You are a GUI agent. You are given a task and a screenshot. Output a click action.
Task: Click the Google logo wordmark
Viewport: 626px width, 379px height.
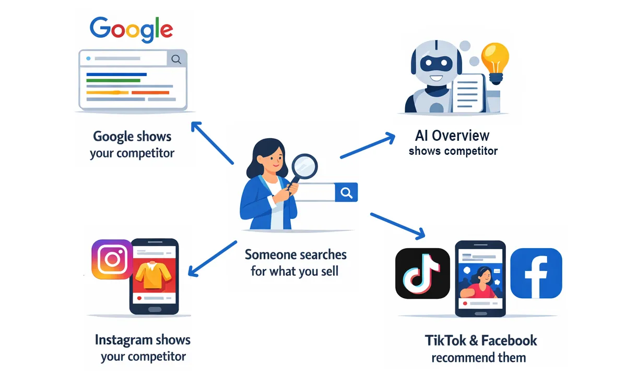click(x=131, y=29)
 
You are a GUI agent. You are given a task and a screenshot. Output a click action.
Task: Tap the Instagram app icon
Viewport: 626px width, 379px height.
click(x=111, y=259)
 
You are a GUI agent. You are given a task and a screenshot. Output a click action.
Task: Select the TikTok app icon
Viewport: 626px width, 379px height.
click(x=422, y=273)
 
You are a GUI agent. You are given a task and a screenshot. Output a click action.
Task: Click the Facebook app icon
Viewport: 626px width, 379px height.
click(x=536, y=273)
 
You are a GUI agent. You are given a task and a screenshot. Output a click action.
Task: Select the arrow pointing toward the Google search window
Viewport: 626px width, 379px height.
click(x=212, y=142)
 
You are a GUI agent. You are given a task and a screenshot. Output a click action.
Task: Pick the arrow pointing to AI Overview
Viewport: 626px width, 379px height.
click(x=368, y=145)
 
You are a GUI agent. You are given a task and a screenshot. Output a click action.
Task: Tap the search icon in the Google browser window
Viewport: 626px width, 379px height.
click(x=176, y=59)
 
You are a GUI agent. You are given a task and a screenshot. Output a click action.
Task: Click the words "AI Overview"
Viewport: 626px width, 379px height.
click(x=452, y=136)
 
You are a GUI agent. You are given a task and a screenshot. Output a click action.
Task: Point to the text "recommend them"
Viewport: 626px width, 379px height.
click(x=478, y=358)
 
